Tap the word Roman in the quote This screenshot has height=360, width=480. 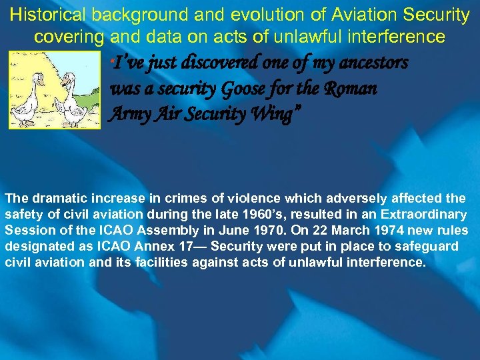[351, 89]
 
